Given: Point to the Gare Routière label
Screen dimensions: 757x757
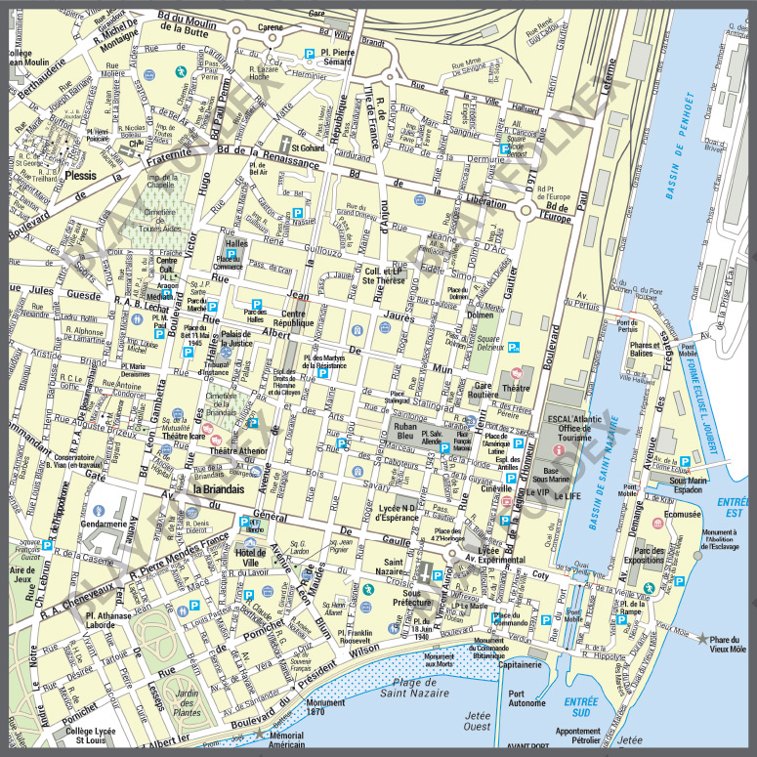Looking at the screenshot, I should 473,391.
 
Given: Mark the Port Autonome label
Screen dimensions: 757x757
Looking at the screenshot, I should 527,699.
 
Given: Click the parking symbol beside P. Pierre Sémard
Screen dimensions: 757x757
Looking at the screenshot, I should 310,53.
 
